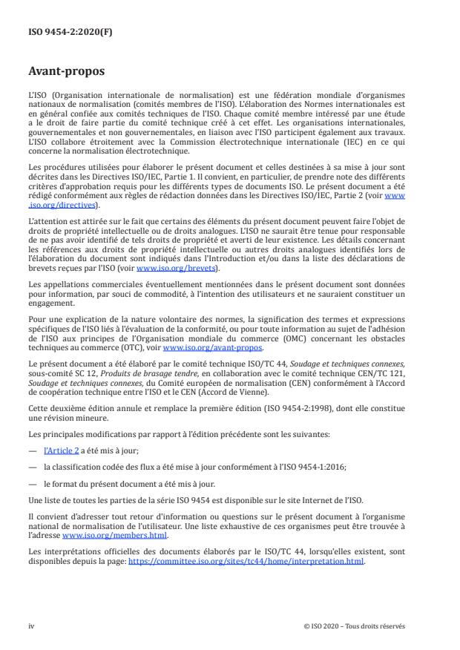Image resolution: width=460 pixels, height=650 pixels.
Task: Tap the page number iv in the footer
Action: (31, 626)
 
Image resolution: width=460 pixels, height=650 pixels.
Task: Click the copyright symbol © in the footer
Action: (306, 626)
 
